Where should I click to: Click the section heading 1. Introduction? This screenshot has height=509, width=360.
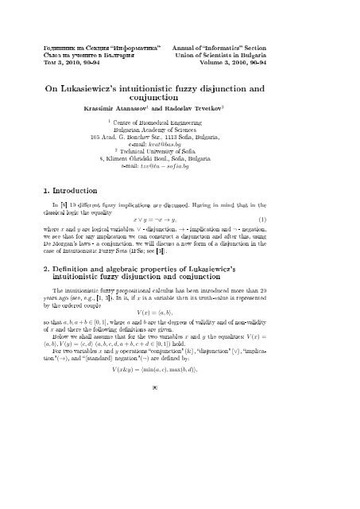click(x=75, y=191)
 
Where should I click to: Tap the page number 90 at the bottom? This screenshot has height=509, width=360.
click(x=180, y=477)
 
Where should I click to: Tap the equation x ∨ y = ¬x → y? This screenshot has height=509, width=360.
click(x=180, y=219)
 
